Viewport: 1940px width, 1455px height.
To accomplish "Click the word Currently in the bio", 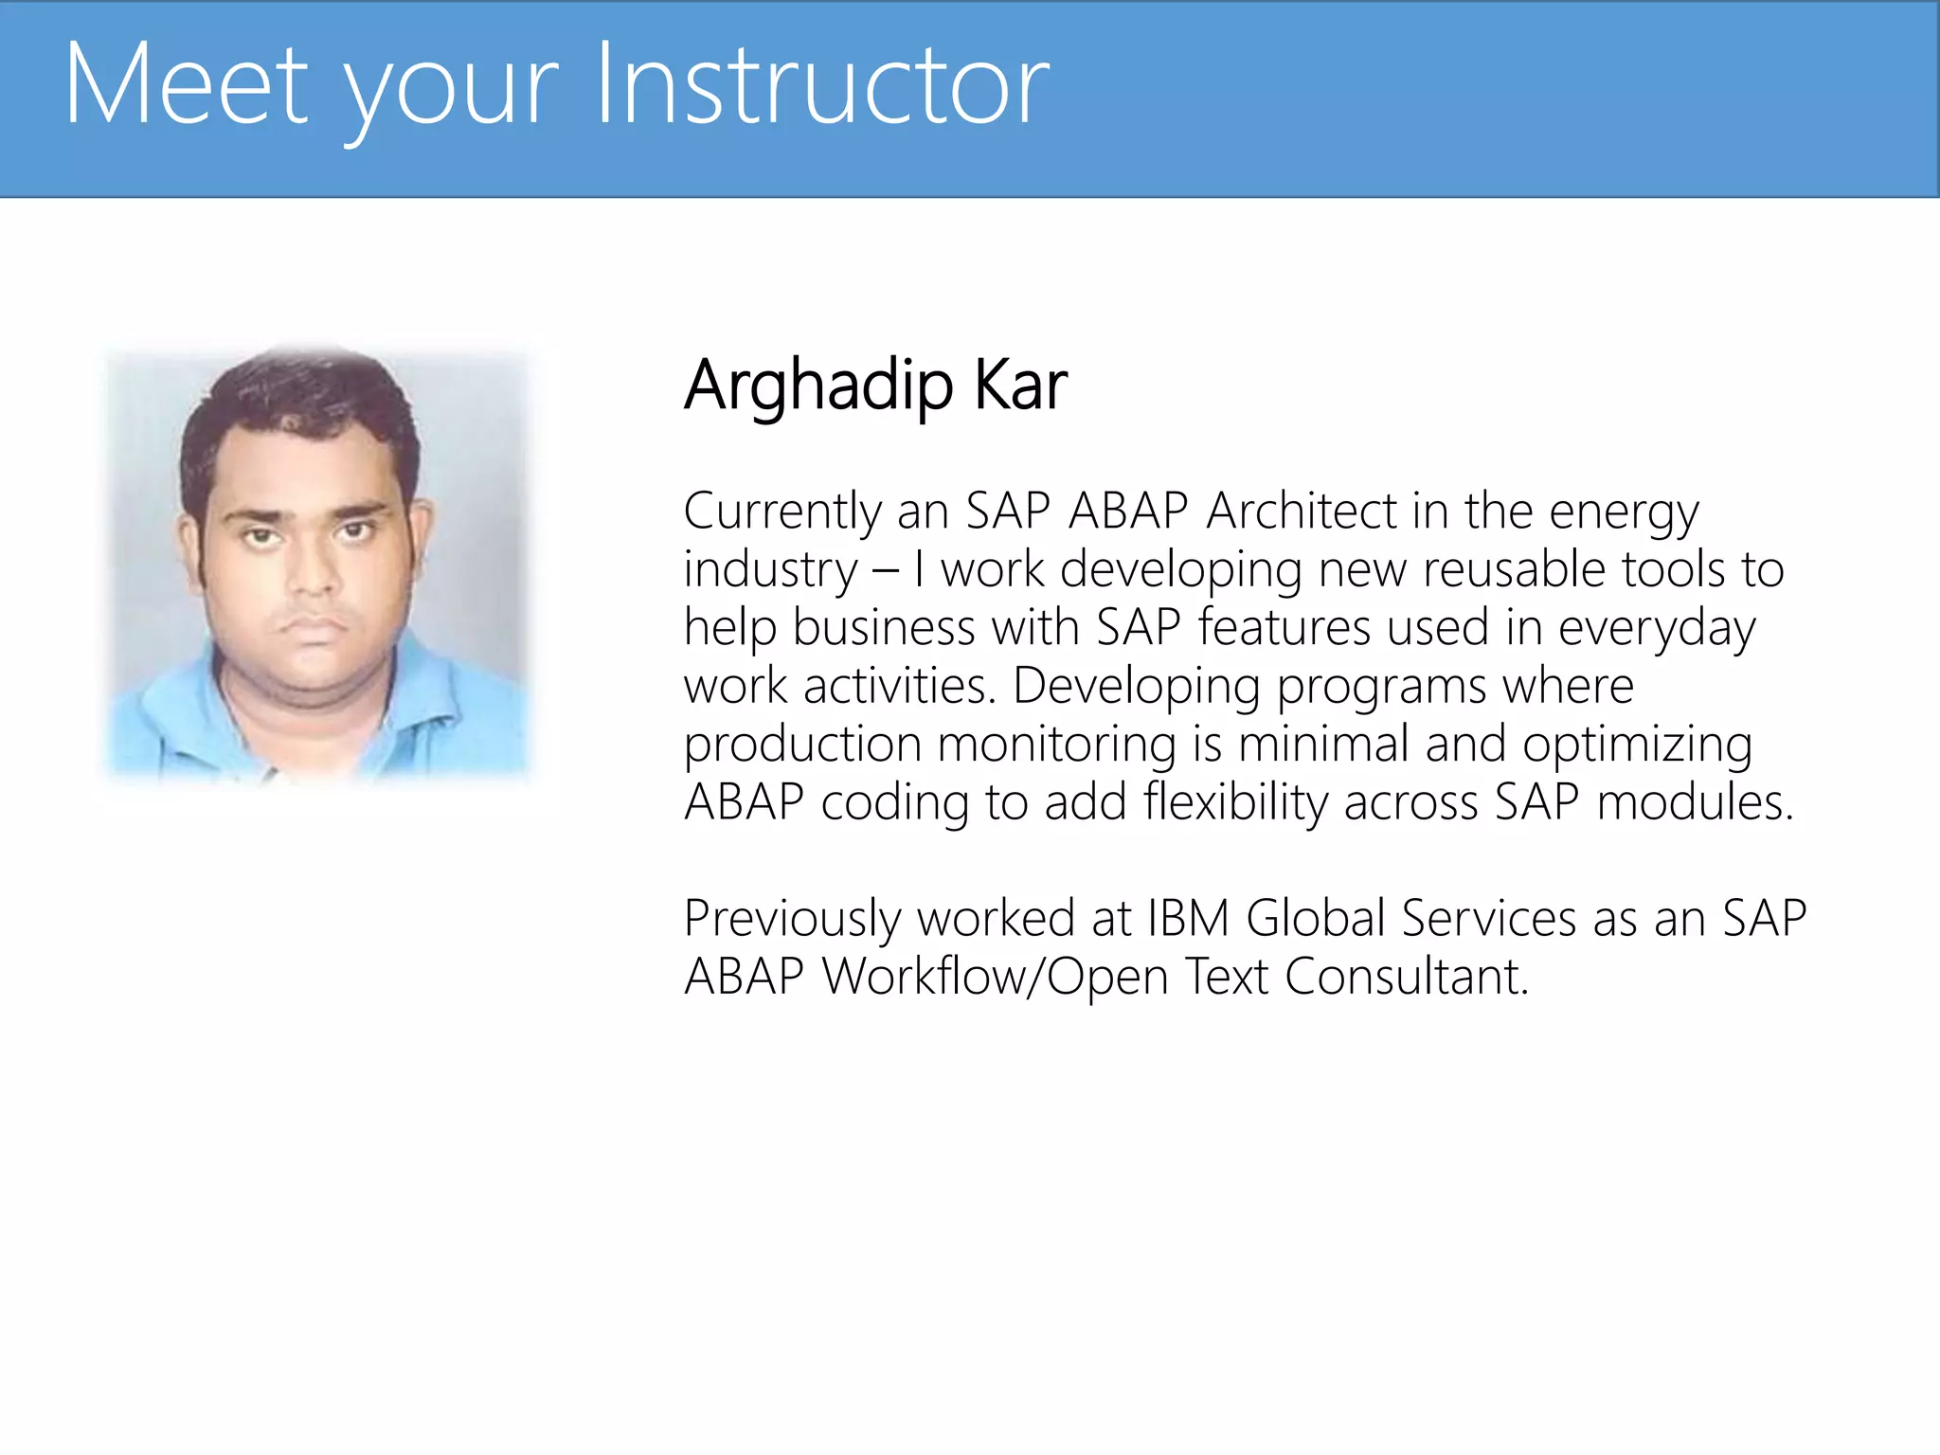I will click(782, 512).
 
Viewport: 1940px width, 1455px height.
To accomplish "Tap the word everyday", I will click(1657, 629).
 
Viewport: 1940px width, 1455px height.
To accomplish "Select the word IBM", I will click(1188, 918).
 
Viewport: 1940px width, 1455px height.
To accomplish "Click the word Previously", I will click(792, 920).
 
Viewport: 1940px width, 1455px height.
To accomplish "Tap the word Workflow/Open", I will click(996, 977).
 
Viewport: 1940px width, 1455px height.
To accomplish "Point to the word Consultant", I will click(1406, 977).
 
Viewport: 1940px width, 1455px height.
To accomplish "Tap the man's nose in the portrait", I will click(313, 568).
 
